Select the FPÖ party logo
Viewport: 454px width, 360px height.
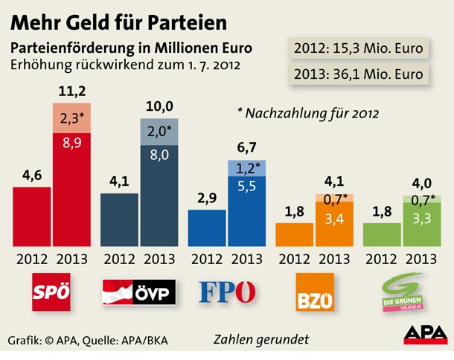tap(227, 292)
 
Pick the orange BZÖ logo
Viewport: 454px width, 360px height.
tap(315, 292)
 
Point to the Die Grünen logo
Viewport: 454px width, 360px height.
tap(403, 293)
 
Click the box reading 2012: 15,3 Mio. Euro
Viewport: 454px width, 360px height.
tap(359, 49)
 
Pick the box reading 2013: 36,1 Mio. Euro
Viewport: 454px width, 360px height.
tap(359, 74)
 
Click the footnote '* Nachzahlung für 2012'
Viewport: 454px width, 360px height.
tap(307, 114)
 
